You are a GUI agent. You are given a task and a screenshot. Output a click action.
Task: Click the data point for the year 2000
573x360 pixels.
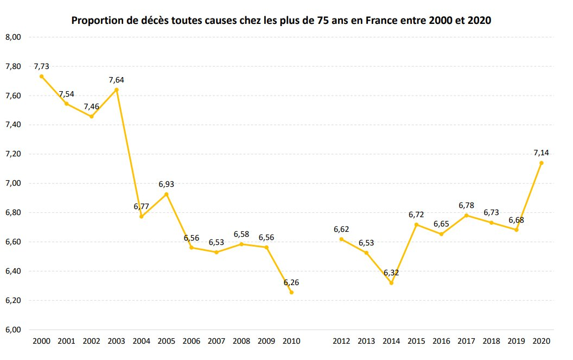tap(41, 76)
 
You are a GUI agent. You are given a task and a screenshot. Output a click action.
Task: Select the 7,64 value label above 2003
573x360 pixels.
tap(116, 80)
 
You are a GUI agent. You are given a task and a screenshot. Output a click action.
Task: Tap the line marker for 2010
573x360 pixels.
tap(291, 292)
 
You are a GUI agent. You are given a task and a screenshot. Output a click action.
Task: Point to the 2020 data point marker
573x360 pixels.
tap(541, 163)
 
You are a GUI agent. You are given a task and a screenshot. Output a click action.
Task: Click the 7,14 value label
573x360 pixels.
tap(541, 153)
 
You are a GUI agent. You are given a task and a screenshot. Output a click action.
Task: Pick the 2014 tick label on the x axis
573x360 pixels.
tap(391, 341)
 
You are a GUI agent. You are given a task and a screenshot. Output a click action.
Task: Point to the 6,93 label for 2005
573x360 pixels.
tap(166, 185)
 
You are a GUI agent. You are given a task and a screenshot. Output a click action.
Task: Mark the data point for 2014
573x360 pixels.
tap(391, 283)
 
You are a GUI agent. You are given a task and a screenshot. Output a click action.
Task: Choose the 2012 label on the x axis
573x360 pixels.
tap(341, 341)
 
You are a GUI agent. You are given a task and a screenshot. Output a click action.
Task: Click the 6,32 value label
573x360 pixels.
tap(391, 273)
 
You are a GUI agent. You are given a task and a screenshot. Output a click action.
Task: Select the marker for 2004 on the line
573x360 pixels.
tap(141, 217)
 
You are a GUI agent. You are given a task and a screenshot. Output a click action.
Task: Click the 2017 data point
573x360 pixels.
tap(466, 216)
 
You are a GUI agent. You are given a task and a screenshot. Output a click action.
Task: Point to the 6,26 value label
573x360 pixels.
tap(291, 282)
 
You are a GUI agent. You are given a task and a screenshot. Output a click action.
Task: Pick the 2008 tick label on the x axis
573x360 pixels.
tap(241, 341)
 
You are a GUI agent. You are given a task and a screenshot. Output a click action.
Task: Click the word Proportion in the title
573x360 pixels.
tap(95, 22)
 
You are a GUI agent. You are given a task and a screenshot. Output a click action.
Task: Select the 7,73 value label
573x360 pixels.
tap(41, 66)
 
